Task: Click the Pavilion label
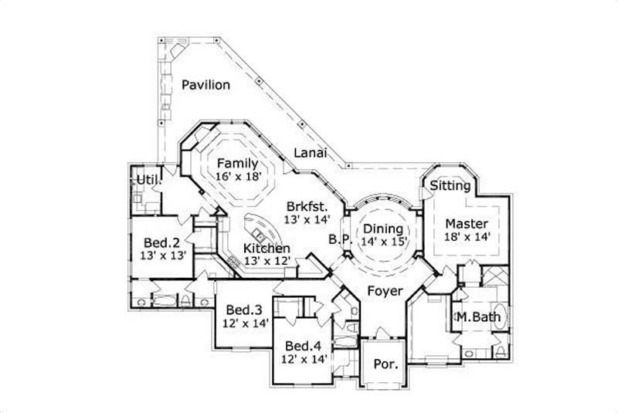(205, 85)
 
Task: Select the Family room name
(236, 164)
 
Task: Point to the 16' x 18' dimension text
(240, 177)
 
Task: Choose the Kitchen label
(267, 249)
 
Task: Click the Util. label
(150, 180)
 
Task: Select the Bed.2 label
(163, 241)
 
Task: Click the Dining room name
(383, 229)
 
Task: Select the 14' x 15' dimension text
(383, 242)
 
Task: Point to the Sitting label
(450, 186)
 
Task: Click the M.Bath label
(477, 317)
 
